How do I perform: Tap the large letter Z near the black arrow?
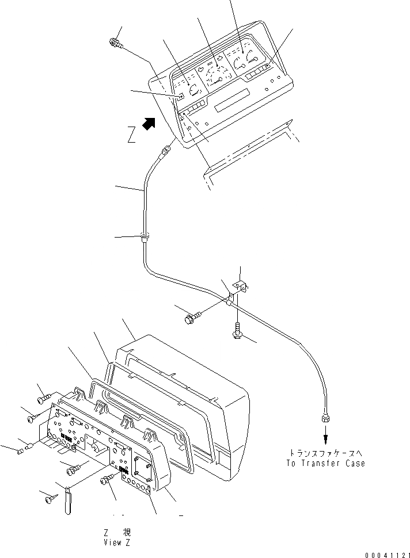[x=132, y=135]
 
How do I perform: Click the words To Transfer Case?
[x=325, y=463]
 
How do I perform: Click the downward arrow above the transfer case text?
[x=325, y=437]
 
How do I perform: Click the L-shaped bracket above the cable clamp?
[x=239, y=286]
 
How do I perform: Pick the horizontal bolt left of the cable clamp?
[x=192, y=316]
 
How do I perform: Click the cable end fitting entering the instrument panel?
[x=166, y=150]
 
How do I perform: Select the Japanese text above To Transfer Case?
[x=325, y=453]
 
